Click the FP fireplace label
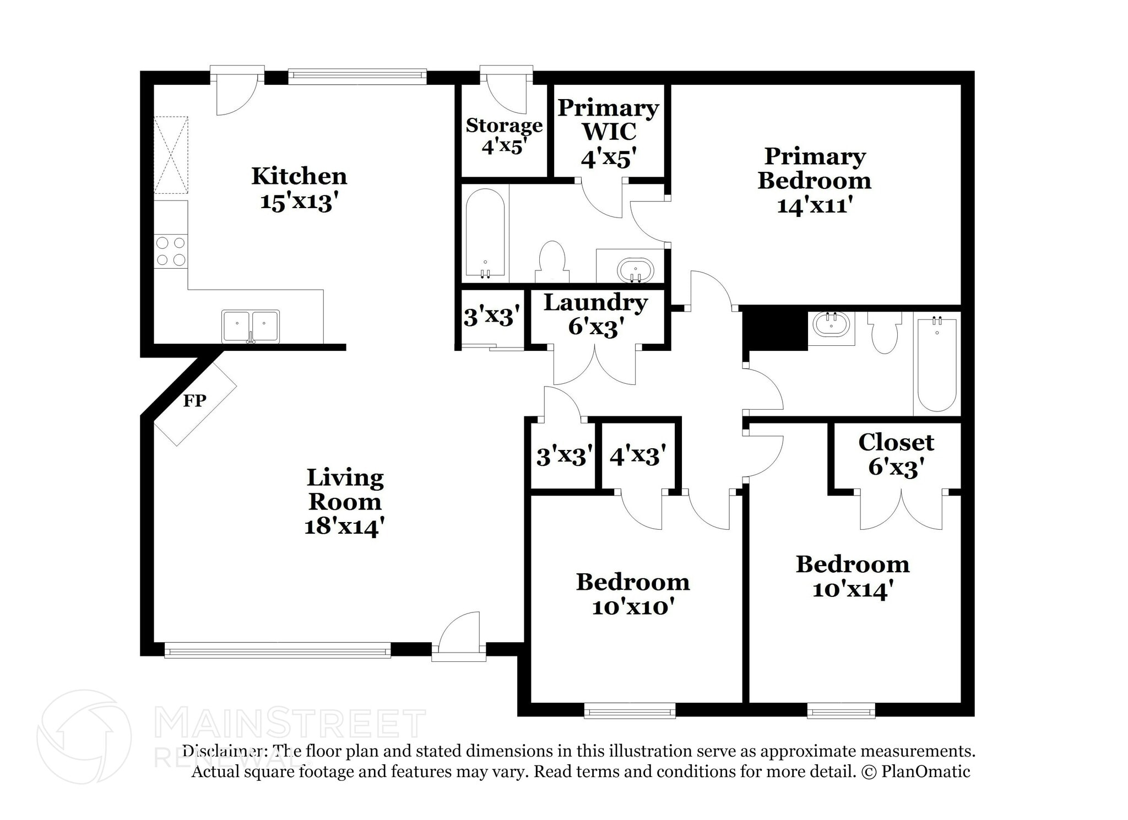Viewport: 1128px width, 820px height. coord(194,400)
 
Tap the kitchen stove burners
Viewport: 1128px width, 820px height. coord(171,251)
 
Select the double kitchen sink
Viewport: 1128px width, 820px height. coord(251,327)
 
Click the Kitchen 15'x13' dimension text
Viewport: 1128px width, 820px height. coord(298,202)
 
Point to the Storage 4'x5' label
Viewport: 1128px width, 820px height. coord(504,136)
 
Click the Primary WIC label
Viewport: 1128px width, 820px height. coord(608,120)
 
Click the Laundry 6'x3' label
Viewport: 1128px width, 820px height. coord(595,314)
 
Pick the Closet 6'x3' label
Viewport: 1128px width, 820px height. coord(896,454)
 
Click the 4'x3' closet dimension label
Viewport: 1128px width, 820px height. coord(638,455)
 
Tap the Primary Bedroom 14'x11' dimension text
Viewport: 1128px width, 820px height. coord(815,205)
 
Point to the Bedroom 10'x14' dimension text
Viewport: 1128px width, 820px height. coord(852,590)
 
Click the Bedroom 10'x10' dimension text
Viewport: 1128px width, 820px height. coord(633,607)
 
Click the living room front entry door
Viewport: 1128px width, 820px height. coord(459,639)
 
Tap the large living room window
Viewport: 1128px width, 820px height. coord(278,650)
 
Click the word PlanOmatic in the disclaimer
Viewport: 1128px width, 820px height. coord(925,772)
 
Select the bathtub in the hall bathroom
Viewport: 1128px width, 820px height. coord(937,364)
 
